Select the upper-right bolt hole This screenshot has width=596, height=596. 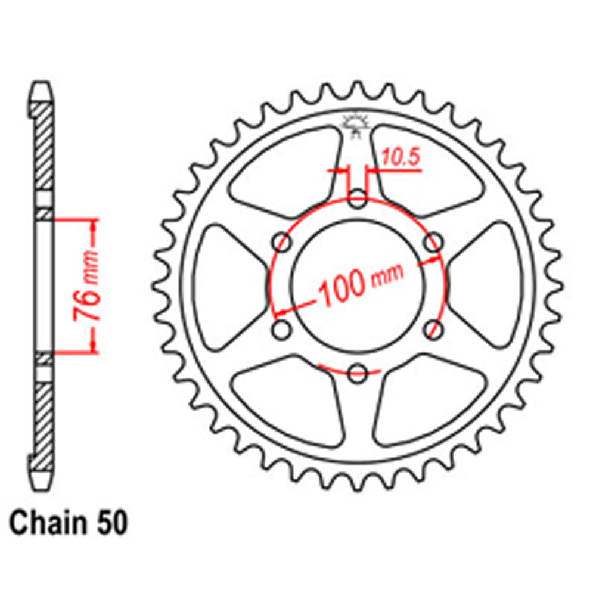(434, 243)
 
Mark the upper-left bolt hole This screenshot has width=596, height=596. (281, 243)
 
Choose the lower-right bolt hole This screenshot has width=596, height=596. (434, 330)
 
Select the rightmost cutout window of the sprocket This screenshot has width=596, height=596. (492, 286)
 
